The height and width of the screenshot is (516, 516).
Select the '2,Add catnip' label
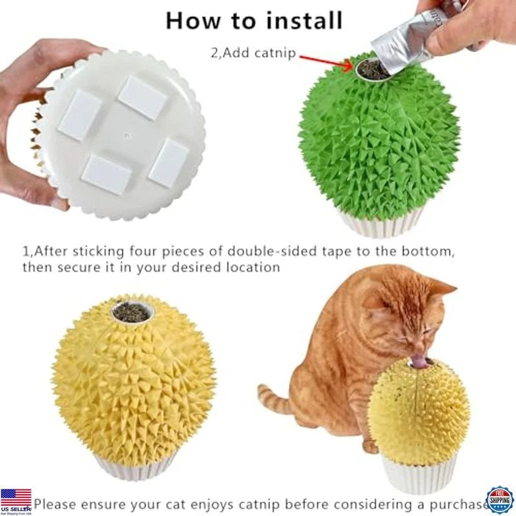click(253, 53)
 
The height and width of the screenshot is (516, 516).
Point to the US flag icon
click(15, 498)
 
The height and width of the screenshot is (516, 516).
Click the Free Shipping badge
click(500, 501)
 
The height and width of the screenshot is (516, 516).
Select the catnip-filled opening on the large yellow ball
click(133, 313)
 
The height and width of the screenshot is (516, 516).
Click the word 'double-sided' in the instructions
click(281, 251)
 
